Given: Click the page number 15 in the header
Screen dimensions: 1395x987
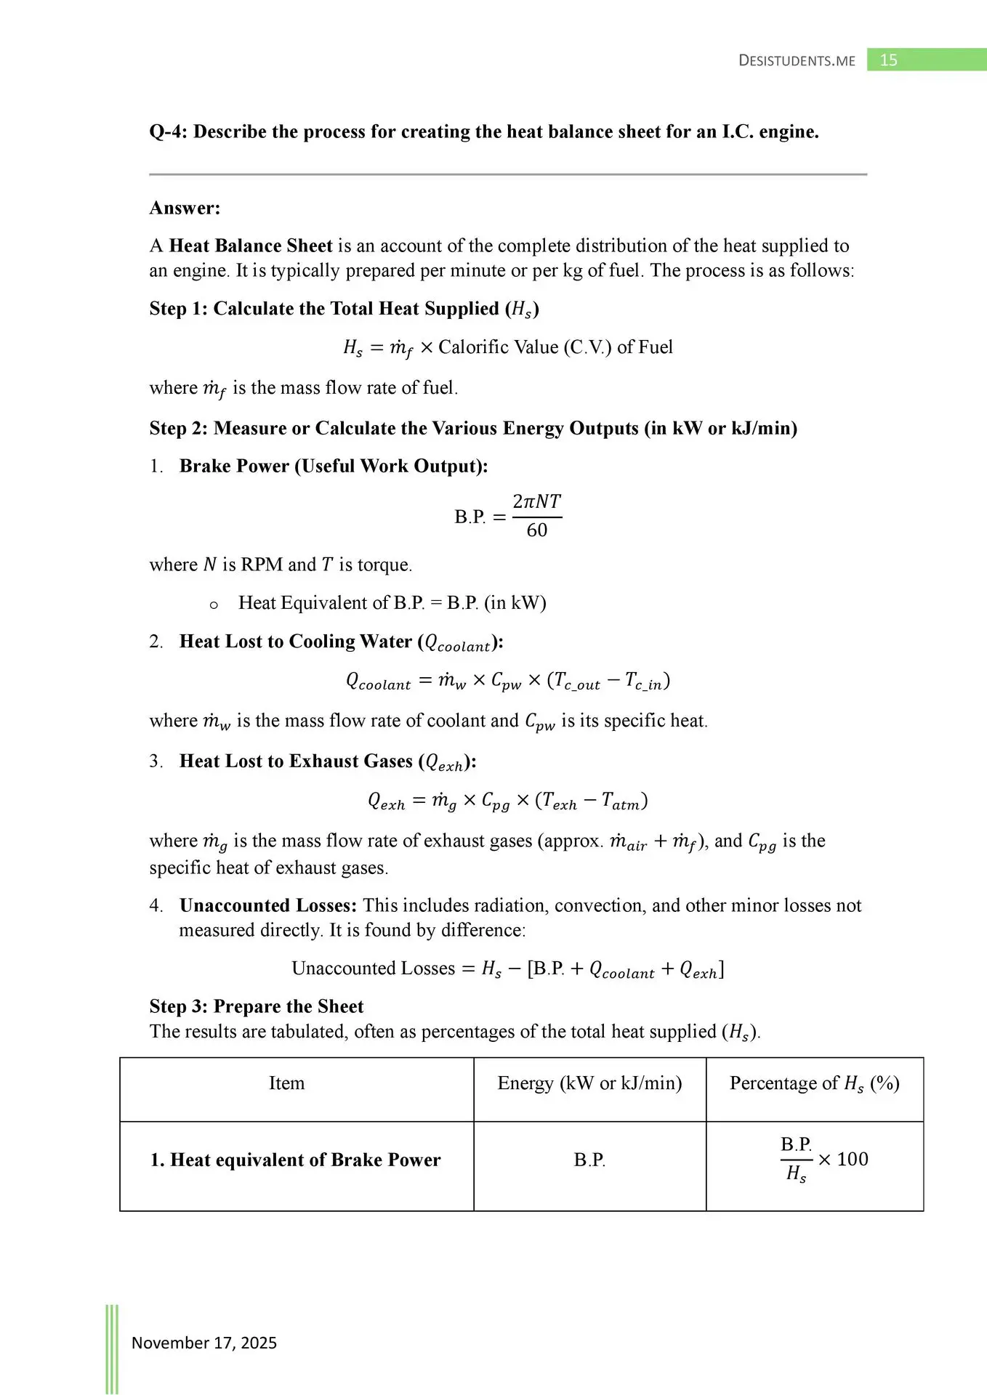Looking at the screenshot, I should pyautogui.click(x=888, y=60).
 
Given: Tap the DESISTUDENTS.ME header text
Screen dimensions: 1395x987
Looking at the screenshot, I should pyautogui.click(x=797, y=61).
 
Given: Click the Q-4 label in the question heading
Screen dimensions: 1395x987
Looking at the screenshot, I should pyautogui.click(x=168, y=132).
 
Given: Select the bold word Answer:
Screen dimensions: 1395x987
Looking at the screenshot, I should pyautogui.click(x=185, y=208).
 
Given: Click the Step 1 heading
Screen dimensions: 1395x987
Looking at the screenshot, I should pyautogui.click(x=344, y=309).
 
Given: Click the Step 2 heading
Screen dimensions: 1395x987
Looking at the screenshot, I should pyautogui.click(x=473, y=428).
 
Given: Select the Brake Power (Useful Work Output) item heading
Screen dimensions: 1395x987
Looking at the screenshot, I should pyautogui.click(x=334, y=466).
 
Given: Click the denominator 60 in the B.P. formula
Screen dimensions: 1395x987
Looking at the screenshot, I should pyautogui.click(x=537, y=530).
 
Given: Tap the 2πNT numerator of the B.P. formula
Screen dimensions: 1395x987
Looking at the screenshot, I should pyautogui.click(x=536, y=501).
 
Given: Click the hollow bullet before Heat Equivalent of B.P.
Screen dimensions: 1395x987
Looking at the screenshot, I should pyautogui.click(x=214, y=604).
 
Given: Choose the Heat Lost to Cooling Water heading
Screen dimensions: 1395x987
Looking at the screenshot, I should pyautogui.click(x=341, y=642).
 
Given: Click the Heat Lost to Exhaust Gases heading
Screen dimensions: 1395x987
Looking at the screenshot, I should pyautogui.click(x=328, y=761).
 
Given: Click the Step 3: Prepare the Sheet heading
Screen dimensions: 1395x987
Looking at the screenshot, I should pyautogui.click(x=257, y=1006).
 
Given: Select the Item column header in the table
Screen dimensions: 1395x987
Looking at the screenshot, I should pyautogui.click(x=287, y=1083).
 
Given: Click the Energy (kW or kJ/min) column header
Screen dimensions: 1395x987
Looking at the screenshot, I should pyautogui.click(x=589, y=1083).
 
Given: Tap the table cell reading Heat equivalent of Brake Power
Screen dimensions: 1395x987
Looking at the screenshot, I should pyautogui.click(x=296, y=1160).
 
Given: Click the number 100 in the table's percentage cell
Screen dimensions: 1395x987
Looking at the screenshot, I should pyautogui.click(x=853, y=1159).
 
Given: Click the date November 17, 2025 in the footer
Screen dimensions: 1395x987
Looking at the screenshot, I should pyautogui.click(x=204, y=1343).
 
